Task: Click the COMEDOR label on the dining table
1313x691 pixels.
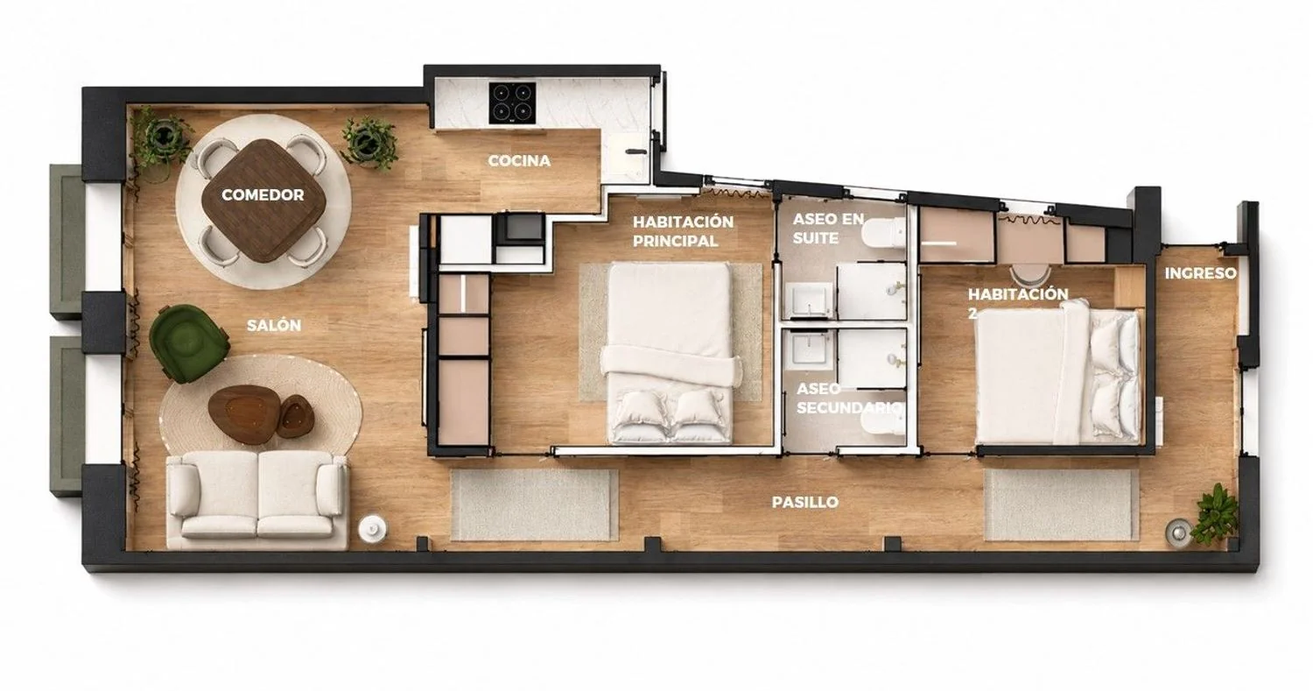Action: click(x=263, y=194)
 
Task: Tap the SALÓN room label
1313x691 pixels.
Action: click(x=274, y=326)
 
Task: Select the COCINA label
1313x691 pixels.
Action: click(x=519, y=161)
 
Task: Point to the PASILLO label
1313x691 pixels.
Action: click(x=804, y=502)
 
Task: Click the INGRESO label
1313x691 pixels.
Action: click(x=1200, y=273)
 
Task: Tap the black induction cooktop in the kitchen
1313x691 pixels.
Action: click(x=512, y=103)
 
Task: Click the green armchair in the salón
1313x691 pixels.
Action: click(x=187, y=343)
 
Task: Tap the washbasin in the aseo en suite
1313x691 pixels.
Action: click(x=809, y=300)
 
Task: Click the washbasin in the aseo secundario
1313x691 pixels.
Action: click(x=809, y=349)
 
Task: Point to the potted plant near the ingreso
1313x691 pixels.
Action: click(x=1217, y=514)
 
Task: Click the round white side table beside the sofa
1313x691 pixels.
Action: click(x=373, y=528)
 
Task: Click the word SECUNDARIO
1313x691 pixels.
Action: click(x=849, y=407)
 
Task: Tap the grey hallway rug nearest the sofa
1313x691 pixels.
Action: click(x=534, y=504)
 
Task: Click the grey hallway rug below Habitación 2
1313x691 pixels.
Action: click(x=1062, y=504)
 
